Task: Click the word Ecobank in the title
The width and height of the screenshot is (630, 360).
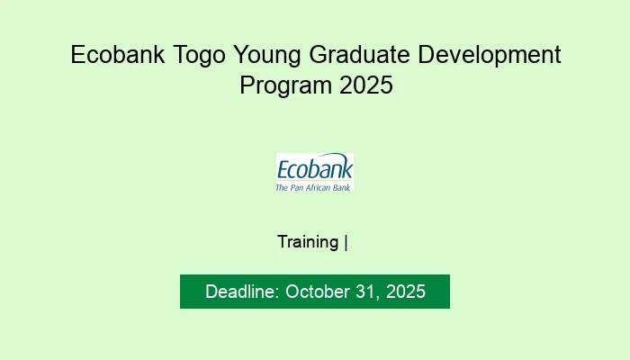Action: pos(115,56)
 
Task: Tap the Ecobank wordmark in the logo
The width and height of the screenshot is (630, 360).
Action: pos(315,170)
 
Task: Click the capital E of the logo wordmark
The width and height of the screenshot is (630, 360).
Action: pos(283,170)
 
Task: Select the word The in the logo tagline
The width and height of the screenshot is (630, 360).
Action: pos(281,187)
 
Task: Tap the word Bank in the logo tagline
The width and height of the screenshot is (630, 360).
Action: pos(343,187)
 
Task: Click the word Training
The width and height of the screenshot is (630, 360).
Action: pos(309,242)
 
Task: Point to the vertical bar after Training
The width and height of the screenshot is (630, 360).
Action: pos(346,242)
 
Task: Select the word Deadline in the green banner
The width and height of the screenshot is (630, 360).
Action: pos(242,292)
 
